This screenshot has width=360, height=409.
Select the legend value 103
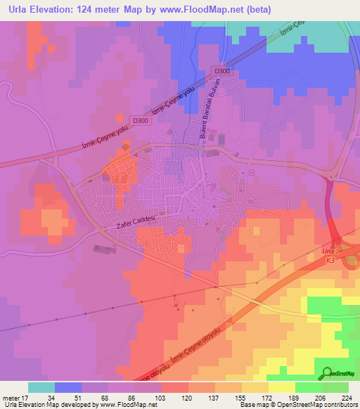point(160,396)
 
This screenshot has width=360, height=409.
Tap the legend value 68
point(108,396)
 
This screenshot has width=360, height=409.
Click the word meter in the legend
point(11,396)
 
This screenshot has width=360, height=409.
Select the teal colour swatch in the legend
point(41,387)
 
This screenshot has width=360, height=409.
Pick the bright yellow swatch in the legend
point(282,387)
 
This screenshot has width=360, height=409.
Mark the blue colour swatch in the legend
point(68,387)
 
